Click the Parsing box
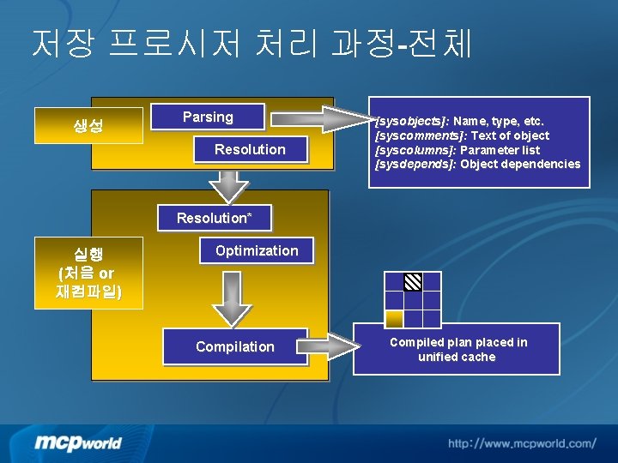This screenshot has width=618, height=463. point(208,117)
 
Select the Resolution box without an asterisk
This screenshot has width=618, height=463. point(250,150)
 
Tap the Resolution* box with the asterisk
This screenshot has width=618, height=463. point(215,218)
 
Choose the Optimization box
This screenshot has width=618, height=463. point(257,251)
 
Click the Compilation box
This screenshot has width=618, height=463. point(234,347)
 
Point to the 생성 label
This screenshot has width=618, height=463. point(88,127)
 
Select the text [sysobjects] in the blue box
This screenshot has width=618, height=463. point(413,121)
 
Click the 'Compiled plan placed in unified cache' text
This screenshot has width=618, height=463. point(458,350)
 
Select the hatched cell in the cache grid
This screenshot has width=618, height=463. point(413,281)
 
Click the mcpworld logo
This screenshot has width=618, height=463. point(78,442)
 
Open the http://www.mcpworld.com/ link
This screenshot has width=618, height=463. point(521,443)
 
